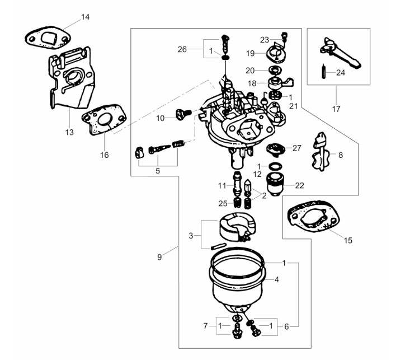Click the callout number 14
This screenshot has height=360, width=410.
tap(85, 17)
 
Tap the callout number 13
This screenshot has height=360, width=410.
tap(69, 132)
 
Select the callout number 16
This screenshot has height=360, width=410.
tap(105, 155)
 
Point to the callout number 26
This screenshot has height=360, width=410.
tap(182, 49)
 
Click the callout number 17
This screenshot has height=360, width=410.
tap(336, 109)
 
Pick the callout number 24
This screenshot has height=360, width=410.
tap(341, 73)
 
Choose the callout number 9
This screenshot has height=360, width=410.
tap(159, 257)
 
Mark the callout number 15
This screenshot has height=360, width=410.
tap(348, 240)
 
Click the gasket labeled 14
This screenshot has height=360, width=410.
tap(48, 38)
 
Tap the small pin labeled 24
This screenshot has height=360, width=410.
tap(324, 72)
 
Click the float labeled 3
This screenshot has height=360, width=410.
tap(237, 227)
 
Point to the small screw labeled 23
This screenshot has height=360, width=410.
tap(284, 36)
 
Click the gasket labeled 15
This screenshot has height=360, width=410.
tap(313, 217)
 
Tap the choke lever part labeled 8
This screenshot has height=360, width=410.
tap(321, 152)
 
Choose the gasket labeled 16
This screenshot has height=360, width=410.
tap(104, 120)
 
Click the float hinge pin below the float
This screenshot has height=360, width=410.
tap(218, 246)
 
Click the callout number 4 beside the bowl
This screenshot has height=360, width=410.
tap(277, 279)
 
